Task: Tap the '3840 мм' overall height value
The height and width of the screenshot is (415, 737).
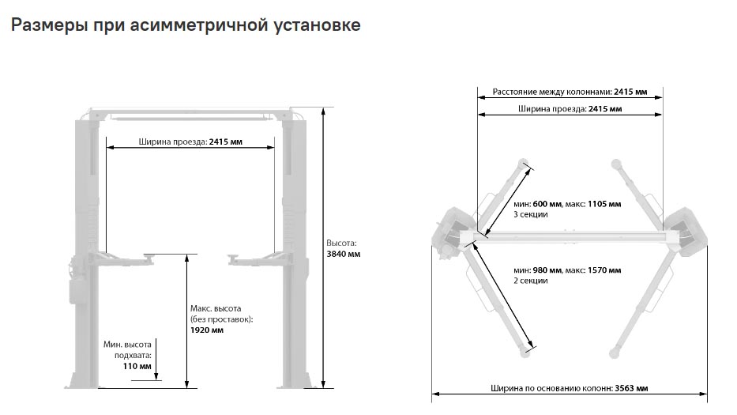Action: pos(344,254)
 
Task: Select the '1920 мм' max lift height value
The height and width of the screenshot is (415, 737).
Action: pos(207,330)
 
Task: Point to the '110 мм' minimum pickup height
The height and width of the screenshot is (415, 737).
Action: pos(137,366)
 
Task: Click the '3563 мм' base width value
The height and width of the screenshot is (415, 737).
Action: pos(631,388)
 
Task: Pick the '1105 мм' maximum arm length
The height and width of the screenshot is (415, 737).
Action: pos(604,204)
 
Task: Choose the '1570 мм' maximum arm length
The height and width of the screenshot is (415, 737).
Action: pos(604,270)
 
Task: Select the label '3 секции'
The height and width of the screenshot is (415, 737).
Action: pos(531,214)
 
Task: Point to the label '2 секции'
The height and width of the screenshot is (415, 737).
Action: pos(531,281)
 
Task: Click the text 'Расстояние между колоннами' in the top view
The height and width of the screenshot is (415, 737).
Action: pos(552,92)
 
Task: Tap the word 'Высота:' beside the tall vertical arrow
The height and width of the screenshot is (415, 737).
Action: pos(342,243)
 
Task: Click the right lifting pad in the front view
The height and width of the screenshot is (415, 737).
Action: pos(233,256)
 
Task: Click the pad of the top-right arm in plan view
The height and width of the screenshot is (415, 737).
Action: pos(616,164)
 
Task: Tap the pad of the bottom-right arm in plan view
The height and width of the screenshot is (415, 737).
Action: pos(614,353)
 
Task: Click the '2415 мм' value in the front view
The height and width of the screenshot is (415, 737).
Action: pos(226,141)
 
